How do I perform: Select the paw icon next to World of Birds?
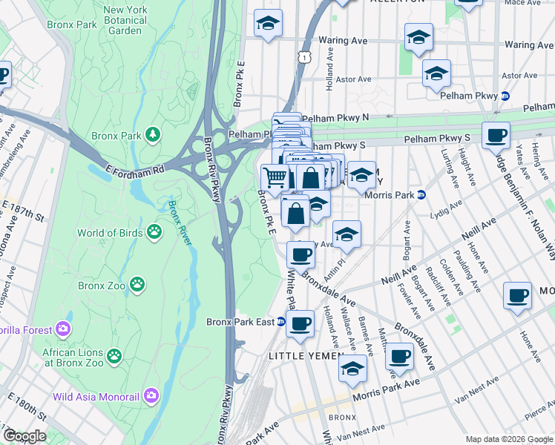pos(154,233)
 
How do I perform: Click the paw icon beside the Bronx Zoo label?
pos(137,283)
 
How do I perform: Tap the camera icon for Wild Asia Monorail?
pos(152,395)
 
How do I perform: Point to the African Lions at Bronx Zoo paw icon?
pos(114,357)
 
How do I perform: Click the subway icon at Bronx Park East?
pos(281,322)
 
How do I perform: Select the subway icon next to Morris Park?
pos(421,195)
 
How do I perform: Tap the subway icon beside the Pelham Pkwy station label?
pos(505,96)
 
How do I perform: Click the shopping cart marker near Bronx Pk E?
pos(275,177)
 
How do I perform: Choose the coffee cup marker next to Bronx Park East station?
pos(301,324)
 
